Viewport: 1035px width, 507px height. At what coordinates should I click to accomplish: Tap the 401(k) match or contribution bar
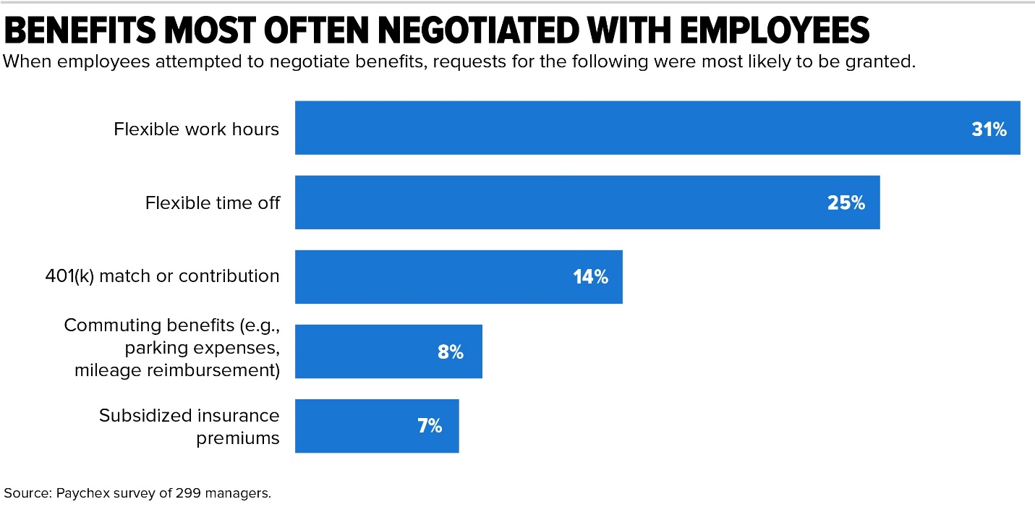click(x=434, y=277)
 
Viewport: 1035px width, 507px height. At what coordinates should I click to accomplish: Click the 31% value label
click(x=989, y=129)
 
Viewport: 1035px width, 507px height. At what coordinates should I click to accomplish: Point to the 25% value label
click(x=846, y=203)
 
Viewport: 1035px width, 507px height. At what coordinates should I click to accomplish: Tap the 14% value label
click(x=591, y=277)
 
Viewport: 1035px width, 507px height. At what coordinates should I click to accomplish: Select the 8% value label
click(x=450, y=352)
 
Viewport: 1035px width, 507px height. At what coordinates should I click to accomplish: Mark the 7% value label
click(x=429, y=426)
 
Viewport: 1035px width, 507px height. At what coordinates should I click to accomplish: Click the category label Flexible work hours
click(x=196, y=129)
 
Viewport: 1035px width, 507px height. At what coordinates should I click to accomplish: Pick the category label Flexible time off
click(x=212, y=203)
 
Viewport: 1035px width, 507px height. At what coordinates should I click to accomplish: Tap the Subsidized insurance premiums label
click(x=189, y=427)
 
